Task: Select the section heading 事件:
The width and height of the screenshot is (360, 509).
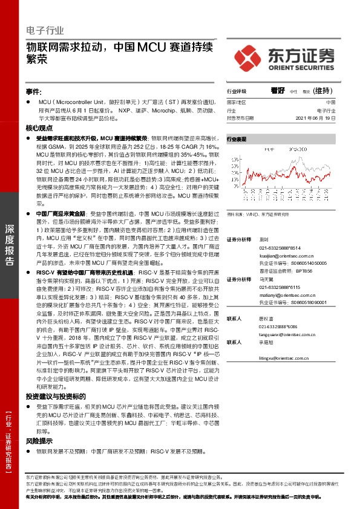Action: tap(33, 91)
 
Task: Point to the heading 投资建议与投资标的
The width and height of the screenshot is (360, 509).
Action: tap(51, 379)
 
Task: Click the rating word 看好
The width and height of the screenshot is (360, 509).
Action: tap(278, 91)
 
